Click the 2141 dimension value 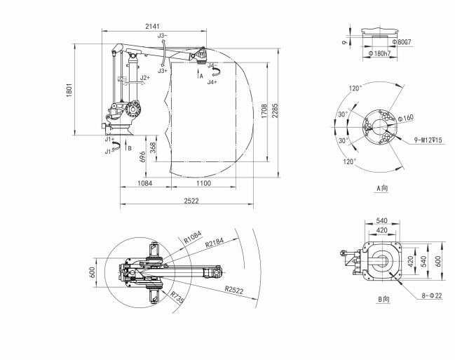pyautogui.click(x=152, y=26)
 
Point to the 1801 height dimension pyautogui.click(x=69, y=90)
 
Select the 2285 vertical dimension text pyautogui.click(x=275, y=110)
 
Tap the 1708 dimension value pyautogui.click(x=264, y=112)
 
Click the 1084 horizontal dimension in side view pyautogui.click(x=144, y=183)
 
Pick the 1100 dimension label pyautogui.click(x=203, y=183)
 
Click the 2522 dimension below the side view pyautogui.click(x=191, y=201)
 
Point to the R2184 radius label pyautogui.click(x=215, y=243)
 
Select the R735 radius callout pyautogui.click(x=177, y=298)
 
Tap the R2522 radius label pyautogui.click(x=234, y=290)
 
